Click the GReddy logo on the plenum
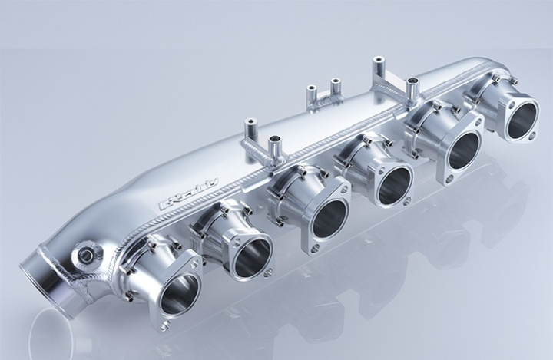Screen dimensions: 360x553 point(188,194)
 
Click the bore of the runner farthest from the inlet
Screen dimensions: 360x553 point(522,119)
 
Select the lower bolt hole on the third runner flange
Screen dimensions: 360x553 point(313,249)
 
